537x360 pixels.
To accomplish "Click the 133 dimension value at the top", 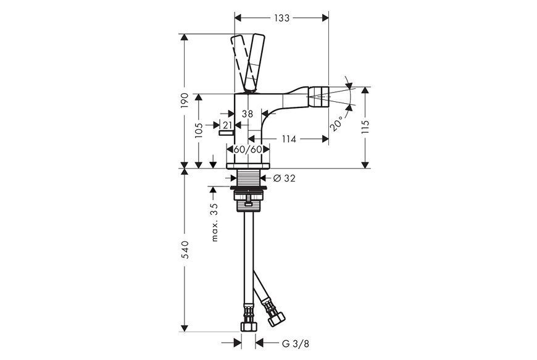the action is tap(281, 18).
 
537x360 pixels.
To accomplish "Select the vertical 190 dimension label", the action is tap(185, 101).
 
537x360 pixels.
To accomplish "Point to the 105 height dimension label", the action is tap(199, 130).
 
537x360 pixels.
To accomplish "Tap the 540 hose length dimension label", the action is tap(185, 249).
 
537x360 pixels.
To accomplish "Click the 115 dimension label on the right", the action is tap(365, 127).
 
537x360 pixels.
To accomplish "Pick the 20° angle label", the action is tap(336, 123).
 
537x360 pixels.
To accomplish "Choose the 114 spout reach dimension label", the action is tap(289, 139).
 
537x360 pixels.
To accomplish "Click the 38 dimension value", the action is tap(248, 114).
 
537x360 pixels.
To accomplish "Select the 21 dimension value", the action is tap(227, 125).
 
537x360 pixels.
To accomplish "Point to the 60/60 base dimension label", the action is tap(248, 149).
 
